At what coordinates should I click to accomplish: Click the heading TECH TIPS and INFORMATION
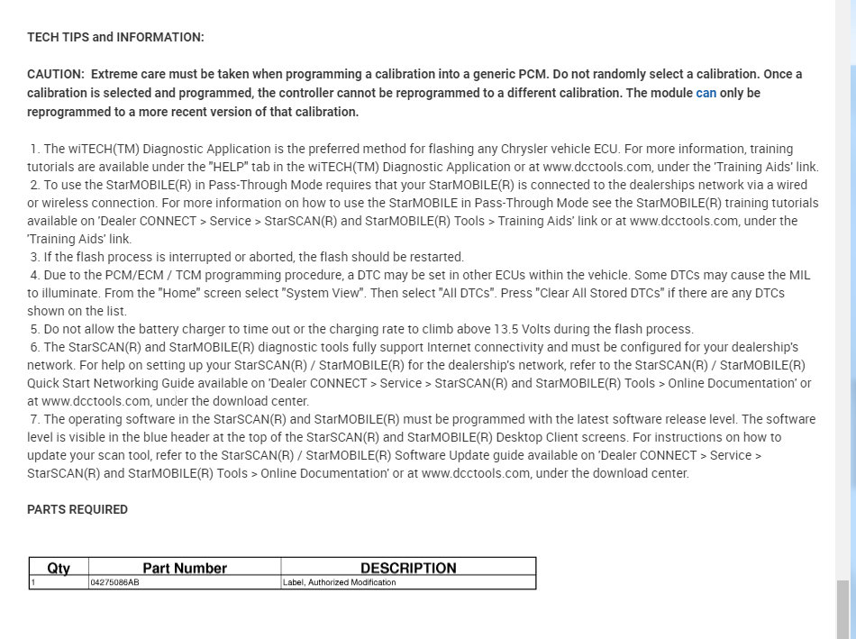coord(115,37)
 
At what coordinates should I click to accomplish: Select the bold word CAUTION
coord(55,74)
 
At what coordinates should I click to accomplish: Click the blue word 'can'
coord(706,93)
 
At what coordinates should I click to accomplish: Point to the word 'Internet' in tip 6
coord(451,347)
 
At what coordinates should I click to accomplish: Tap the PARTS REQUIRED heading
coord(77,509)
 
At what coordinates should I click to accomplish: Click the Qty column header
coord(59,568)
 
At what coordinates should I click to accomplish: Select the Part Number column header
coord(185,568)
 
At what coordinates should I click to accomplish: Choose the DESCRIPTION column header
coord(408,568)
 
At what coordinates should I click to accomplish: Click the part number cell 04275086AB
coord(114,582)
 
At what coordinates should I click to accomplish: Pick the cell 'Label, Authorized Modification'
coord(340,582)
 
